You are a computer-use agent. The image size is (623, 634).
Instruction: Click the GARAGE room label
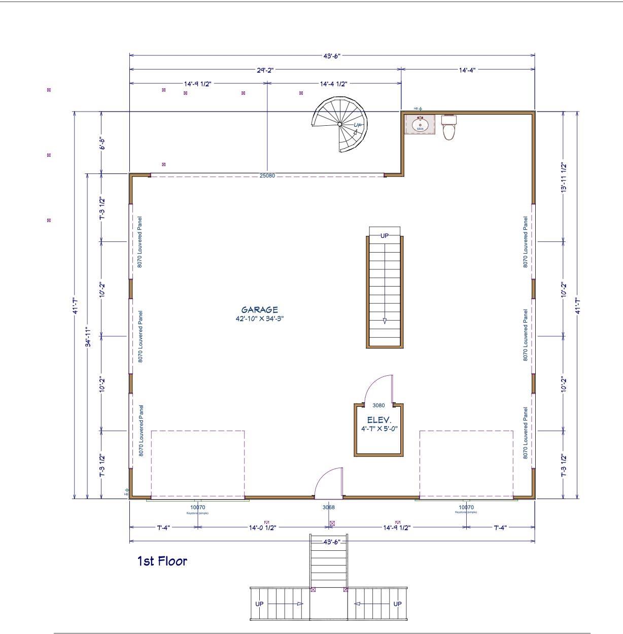click(259, 310)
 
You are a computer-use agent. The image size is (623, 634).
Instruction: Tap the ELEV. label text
click(379, 420)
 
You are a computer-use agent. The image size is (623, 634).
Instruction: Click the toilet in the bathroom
click(449, 129)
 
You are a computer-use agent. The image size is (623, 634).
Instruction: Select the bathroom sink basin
click(420, 124)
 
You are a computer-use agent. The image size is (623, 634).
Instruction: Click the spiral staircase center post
click(339, 124)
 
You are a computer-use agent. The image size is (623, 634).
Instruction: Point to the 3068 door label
click(328, 507)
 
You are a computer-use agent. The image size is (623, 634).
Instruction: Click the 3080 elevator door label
click(378, 405)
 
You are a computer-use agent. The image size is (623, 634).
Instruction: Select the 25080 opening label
click(267, 176)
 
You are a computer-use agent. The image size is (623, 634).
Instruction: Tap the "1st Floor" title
click(162, 561)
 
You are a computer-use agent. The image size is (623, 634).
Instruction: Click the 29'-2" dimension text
click(265, 71)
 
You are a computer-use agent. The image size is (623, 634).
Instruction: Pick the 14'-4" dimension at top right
click(467, 71)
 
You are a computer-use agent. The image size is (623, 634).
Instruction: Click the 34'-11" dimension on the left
click(88, 336)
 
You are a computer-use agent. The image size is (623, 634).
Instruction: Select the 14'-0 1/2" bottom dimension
click(262, 527)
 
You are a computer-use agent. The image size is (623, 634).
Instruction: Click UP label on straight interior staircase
click(385, 236)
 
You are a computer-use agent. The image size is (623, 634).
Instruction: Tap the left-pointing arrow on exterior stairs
click(357, 604)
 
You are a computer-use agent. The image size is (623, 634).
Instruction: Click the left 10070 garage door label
click(198, 507)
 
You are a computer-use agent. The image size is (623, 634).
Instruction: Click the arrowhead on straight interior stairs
click(385, 321)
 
